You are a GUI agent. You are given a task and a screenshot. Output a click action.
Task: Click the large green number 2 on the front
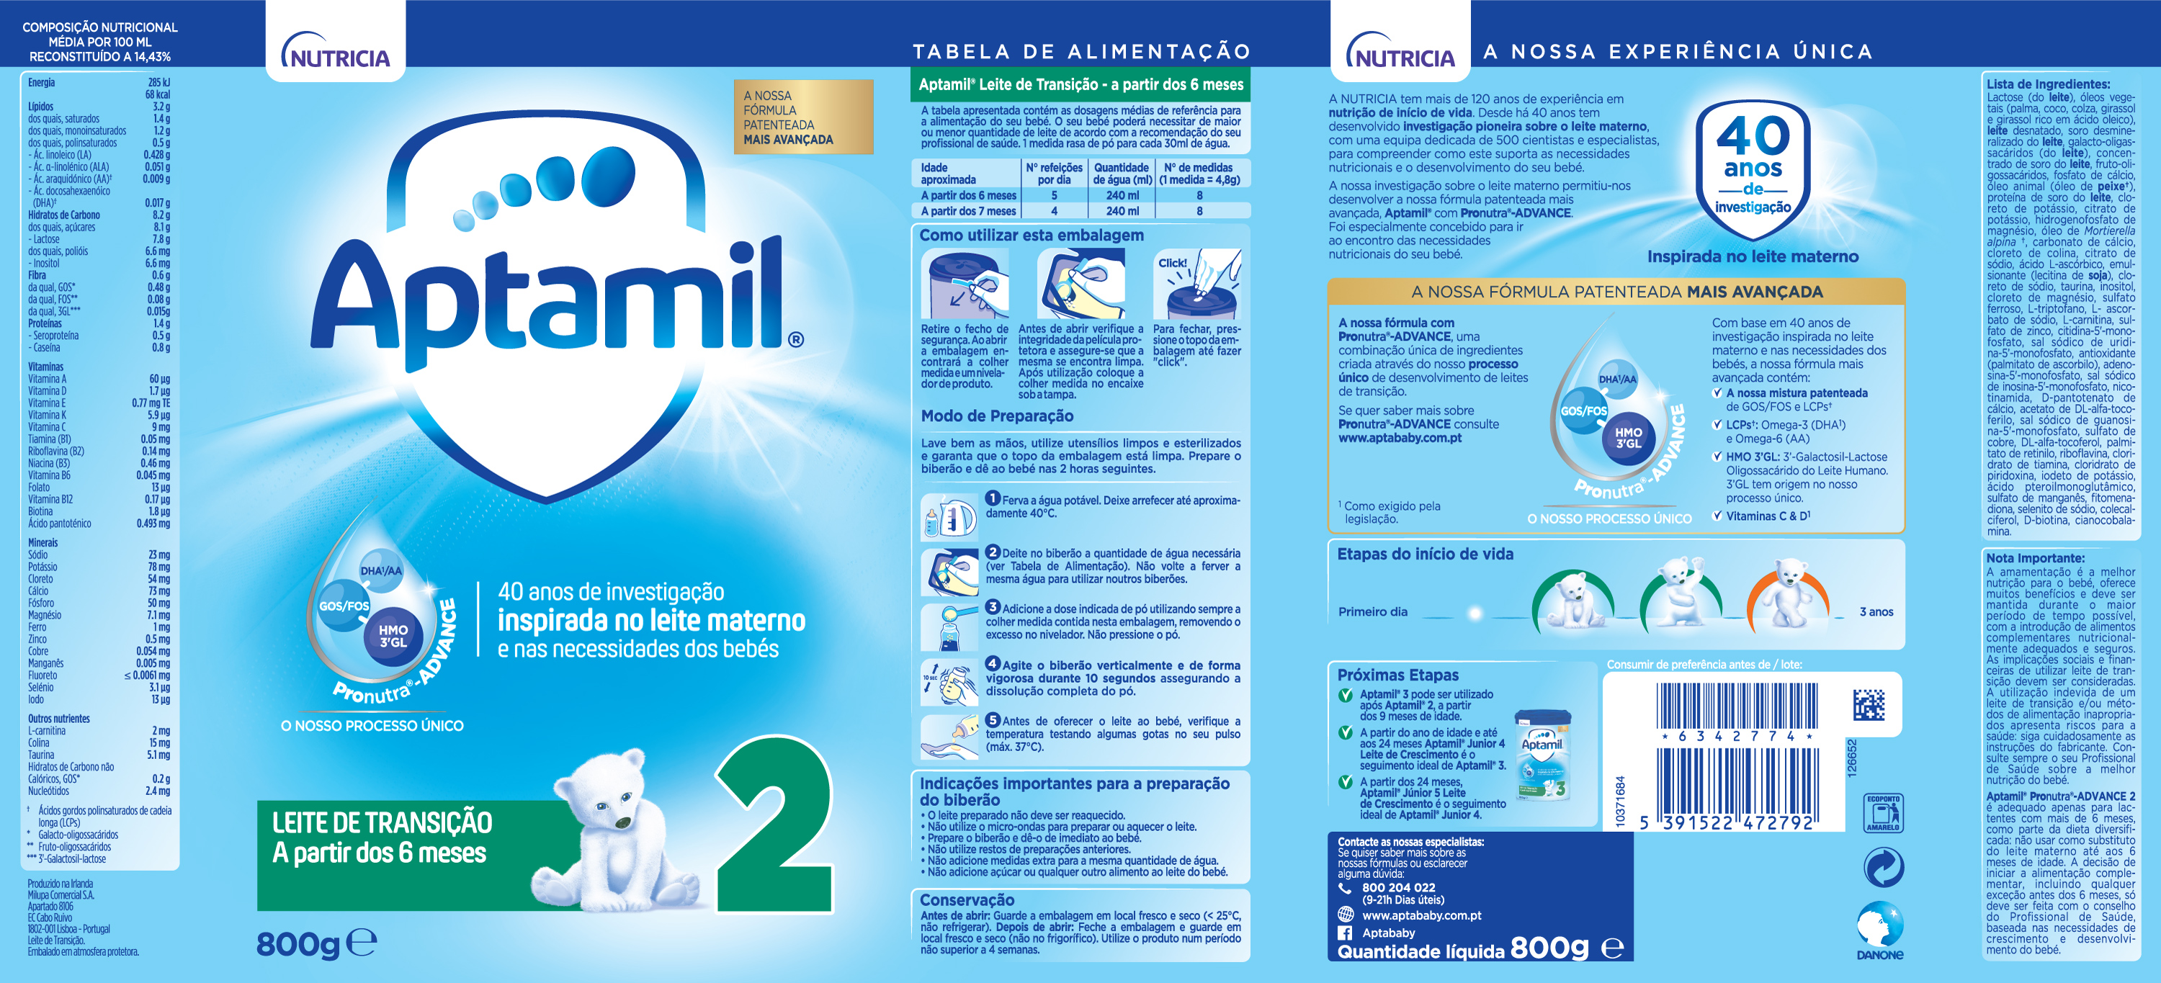(774, 826)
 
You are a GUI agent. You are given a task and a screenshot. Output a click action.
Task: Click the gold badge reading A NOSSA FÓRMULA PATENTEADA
(803, 117)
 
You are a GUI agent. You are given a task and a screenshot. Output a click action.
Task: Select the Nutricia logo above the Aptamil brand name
(336, 52)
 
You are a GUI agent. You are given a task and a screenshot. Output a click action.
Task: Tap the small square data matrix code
(1869, 704)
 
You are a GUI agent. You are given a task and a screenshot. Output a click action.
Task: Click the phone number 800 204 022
(1398, 887)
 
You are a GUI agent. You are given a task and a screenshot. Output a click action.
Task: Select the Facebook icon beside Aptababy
(1345, 933)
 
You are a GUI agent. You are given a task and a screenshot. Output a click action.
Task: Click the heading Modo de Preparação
(997, 416)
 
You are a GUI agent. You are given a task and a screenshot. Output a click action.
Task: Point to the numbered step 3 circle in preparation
(993, 606)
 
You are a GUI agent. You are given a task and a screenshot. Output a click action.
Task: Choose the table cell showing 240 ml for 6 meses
(1122, 195)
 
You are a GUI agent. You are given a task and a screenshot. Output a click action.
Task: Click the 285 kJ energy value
(158, 82)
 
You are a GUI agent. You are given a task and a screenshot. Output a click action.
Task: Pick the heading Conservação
(967, 900)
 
